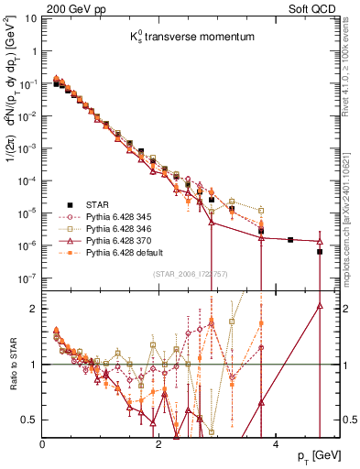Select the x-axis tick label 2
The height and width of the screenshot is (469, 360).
159,444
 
